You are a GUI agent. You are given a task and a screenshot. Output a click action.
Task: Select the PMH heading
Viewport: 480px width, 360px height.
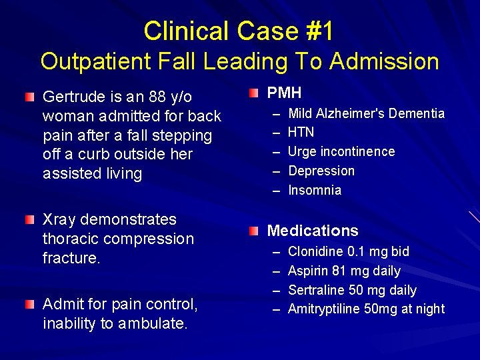click(285, 93)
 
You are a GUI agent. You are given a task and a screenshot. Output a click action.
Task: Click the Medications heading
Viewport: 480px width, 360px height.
click(313, 231)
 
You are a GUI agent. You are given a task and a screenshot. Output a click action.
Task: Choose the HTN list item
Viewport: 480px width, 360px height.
click(301, 132)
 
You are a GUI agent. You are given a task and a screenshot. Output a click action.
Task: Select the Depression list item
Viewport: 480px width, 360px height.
click(321, 171)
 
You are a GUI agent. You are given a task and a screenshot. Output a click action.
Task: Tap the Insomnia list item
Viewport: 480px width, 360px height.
click(315, 190)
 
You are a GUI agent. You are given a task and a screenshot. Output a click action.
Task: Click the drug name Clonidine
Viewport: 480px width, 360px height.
click(315, 251)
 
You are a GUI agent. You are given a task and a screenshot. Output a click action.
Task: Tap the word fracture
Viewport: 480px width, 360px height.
click(71, 258)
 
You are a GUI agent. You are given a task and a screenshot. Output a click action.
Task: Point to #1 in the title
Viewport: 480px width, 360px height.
click(319, 31)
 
